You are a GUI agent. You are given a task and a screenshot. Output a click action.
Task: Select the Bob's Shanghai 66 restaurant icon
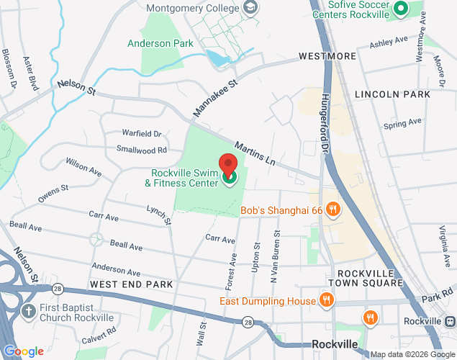(332, 210)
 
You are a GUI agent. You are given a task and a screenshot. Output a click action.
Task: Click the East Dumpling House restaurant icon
(326, 300)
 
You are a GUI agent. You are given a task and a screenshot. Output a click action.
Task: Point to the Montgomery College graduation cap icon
(250, 8)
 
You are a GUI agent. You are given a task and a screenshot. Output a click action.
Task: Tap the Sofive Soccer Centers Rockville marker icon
(401, 9)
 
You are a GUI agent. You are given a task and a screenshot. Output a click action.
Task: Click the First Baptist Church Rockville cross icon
(28, 312)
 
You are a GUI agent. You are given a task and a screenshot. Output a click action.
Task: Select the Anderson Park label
(160, 43)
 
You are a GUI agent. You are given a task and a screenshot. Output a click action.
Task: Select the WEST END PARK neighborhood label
(132, 284)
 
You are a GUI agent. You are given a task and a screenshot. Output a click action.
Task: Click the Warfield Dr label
(142, 133)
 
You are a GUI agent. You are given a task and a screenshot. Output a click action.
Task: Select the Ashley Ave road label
(388, 44)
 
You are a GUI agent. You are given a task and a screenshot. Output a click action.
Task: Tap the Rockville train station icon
(450, 320)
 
